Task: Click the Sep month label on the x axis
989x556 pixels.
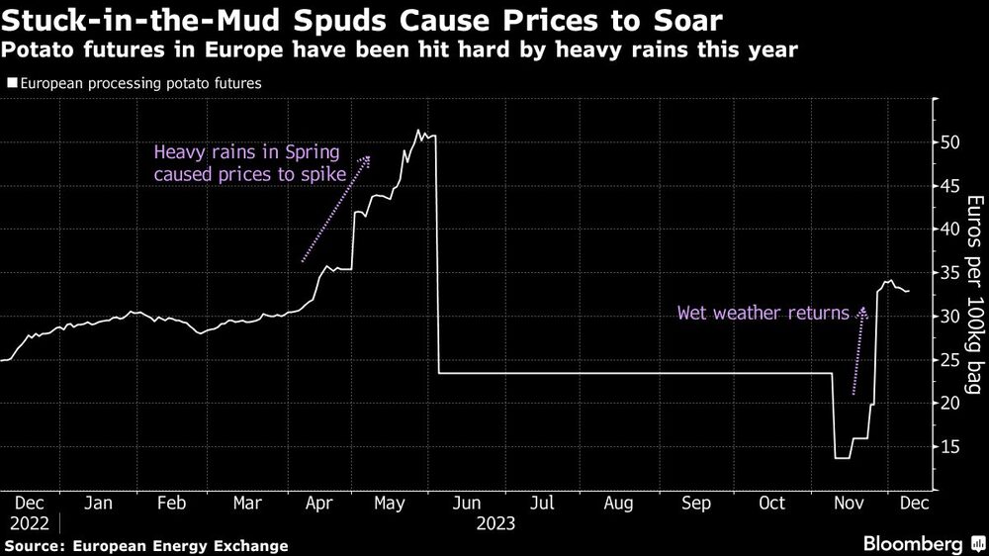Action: coord(696,503)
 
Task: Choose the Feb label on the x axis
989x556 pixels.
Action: coord(172,503)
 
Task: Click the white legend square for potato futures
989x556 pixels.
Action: coord(11,84)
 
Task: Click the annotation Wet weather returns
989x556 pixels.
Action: coord(763,314)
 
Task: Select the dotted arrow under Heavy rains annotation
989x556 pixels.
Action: coord(336,209)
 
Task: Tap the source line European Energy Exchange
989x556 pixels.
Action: coord(146,545)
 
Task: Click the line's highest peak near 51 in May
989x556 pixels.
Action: coord(418,131)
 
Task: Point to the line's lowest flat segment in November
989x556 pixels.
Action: coord(842,457)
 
